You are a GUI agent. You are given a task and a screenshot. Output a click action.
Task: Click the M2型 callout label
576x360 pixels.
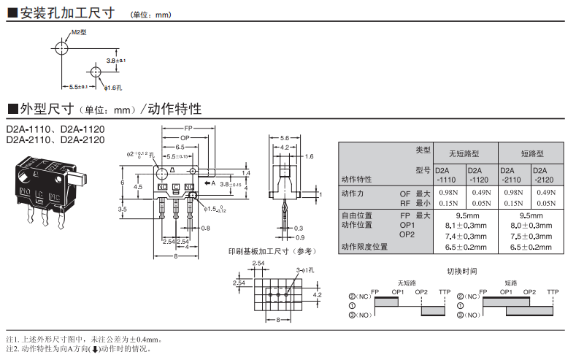(x=79, y=32)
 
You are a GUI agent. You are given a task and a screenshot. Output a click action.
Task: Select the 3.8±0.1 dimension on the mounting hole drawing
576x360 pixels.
(x=116, y=61)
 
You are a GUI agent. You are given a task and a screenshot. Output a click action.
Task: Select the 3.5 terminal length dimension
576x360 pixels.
(x=123, y=209)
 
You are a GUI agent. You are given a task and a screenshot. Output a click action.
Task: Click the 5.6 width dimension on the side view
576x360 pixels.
(x=285, y=137)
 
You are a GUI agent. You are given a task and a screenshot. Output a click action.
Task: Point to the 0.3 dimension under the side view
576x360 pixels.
(x=299, y=228)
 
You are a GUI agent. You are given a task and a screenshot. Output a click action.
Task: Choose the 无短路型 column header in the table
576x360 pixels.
(x=464, y=153)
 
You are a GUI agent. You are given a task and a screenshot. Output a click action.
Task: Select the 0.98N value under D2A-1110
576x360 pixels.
(x=448, y=193)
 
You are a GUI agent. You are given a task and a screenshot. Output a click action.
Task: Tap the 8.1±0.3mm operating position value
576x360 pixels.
(x=469, y=226)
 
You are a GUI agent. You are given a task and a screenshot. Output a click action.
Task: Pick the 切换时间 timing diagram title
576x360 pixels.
(x=461, y=271)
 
